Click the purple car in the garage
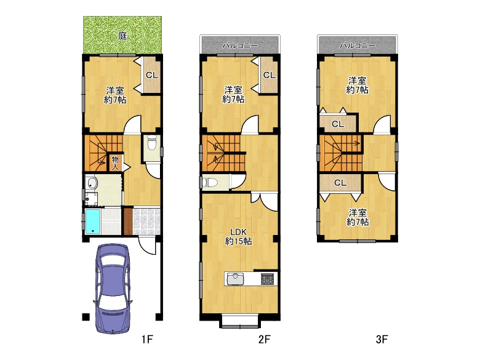pos(113,289)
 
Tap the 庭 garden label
pos(122,36)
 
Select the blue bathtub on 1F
pos(93,222)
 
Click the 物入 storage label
pos(115,163)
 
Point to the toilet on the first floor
pos(152,143)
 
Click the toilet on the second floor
pos(210,183)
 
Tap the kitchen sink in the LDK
pos(235,279)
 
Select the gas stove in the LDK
pos(268,279)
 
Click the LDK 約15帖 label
pos(239,237)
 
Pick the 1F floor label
pos(147,339)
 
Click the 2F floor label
pos(265,339)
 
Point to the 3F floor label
pos(382,339)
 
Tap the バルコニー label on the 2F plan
pos(240,46)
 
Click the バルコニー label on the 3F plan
pos(358,46)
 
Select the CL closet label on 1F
pos(152,75)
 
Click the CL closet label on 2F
pos(270,75)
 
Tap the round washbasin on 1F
pos(92,183)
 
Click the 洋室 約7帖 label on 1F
pos(115,95)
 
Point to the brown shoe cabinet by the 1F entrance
pos(128,222)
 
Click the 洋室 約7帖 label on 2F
pos(233,95)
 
